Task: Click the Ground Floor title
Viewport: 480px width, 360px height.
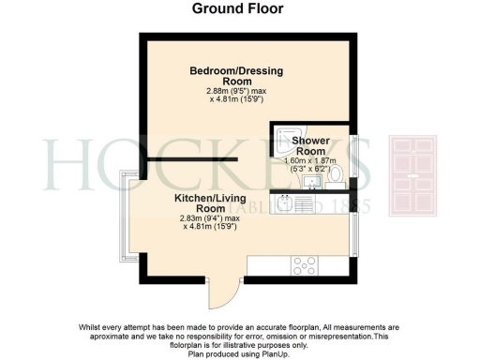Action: click(x=238, y=9)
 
